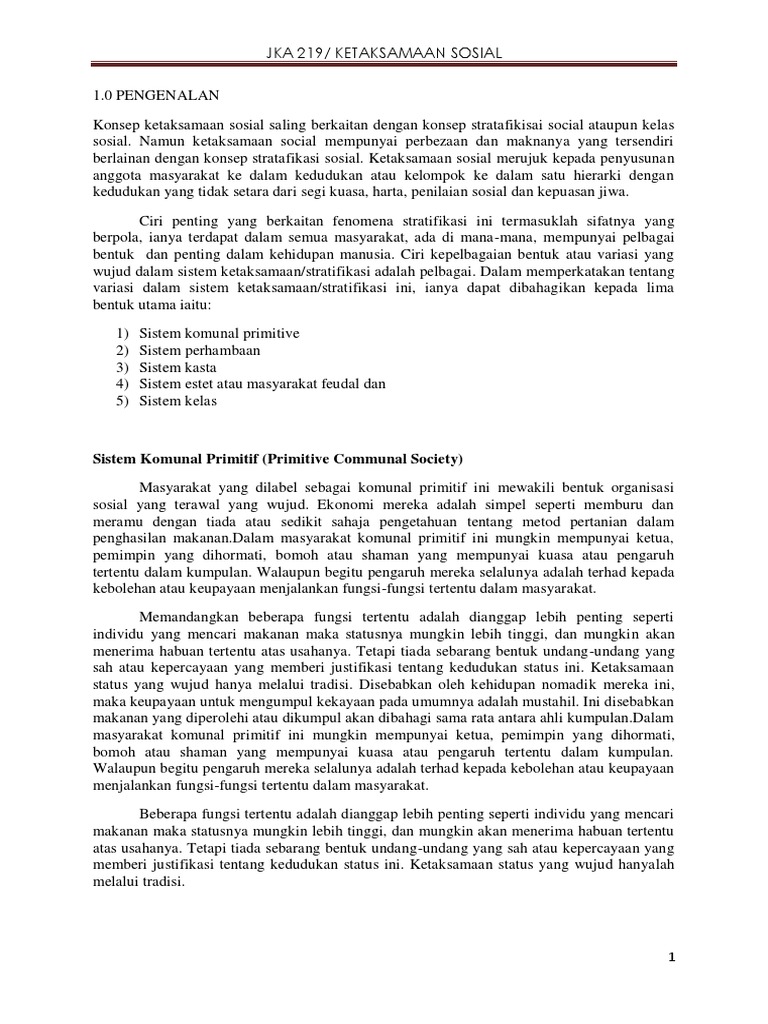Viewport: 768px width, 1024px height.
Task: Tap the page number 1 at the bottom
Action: (x=673, y=958)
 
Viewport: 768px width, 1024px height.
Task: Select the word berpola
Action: (x=104, y=238)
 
